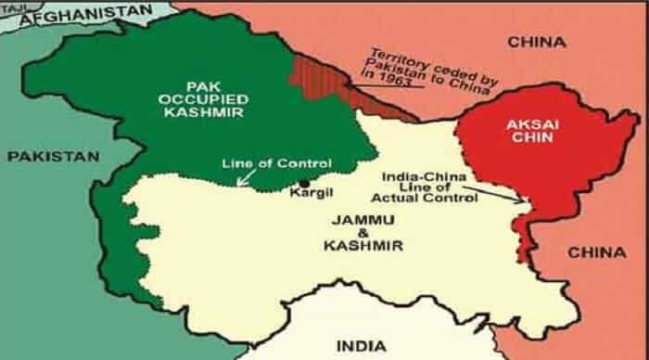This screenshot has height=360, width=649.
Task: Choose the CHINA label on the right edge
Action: (594, 251)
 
